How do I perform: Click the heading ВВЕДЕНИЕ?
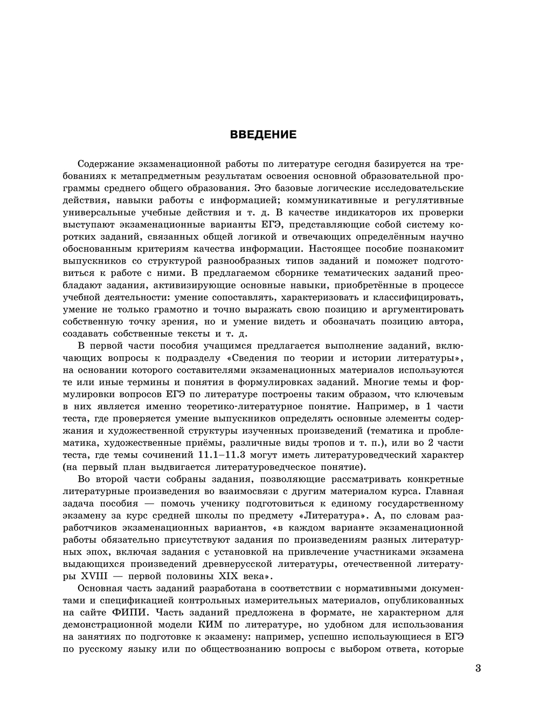pyautogui.click(x=263, y=135)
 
